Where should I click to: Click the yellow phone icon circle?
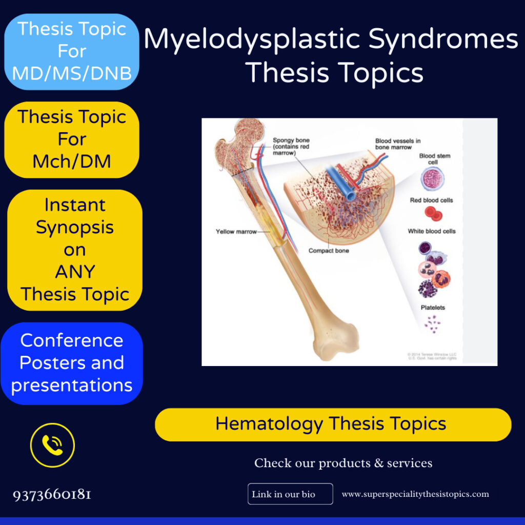point(52,445)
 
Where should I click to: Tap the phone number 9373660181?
point(52,495)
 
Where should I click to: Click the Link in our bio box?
point(290,494)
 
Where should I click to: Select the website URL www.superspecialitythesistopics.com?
point(415,494)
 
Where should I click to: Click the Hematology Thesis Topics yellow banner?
point(333,425)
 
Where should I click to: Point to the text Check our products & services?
point(343,463)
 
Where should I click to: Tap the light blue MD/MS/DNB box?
point(72,52)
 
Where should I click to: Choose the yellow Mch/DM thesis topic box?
point(72,139)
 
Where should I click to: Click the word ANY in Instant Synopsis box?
point(75,272)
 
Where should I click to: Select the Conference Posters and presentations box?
point(72,363)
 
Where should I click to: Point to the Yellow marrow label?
point(236,232)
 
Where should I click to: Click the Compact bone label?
point(328,251)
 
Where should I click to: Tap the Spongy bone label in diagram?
point(291,146)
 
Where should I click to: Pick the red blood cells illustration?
point(432,214)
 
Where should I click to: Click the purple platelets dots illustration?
point(432,324)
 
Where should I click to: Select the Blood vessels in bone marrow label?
point(397,144)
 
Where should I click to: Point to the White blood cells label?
point(431,231)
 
